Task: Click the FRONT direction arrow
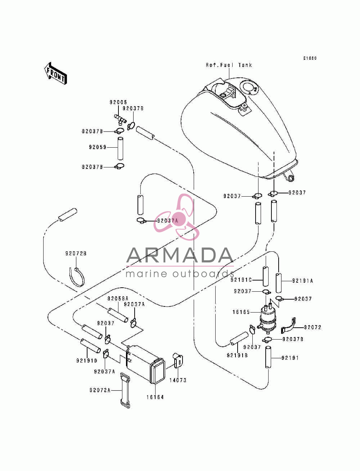tap(55, 73)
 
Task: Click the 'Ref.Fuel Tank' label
tap(229, 65)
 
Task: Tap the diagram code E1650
tap(310, 58)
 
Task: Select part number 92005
tap(118, 102)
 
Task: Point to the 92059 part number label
tap(98, 147)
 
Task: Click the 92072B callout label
tap(76, 254)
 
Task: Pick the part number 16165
tap(241, 312)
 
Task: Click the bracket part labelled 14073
tap(178, 360)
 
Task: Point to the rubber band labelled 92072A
tap(125, 390)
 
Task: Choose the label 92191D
tap(87, 360)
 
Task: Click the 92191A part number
tap(302, 281)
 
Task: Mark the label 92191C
tap(241, 280)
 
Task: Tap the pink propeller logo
tap(177, 217)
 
